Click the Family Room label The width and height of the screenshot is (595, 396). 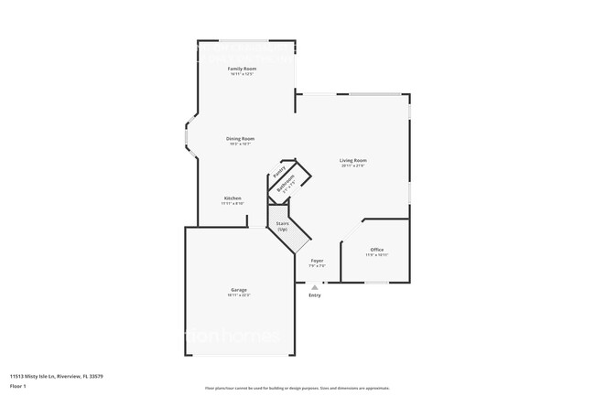[242, 69]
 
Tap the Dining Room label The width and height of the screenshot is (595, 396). [240, 139]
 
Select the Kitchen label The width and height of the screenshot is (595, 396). [233, 198]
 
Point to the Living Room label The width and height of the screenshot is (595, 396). [353, 160]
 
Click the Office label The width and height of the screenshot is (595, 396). [376, 250]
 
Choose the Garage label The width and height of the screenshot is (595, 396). [238, 290]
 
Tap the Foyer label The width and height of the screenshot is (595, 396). [317, 261]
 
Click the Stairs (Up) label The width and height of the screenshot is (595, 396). [283, 226]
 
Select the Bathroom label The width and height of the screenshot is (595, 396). [287, 184]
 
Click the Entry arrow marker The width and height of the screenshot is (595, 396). [314, 287]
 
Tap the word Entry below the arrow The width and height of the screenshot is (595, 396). [315, 294]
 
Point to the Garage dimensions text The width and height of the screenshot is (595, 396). [238, 295]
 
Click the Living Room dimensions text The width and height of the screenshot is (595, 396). [353, 166]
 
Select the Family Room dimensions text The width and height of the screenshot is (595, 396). [242, 74]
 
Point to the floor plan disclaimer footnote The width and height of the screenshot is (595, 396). [297, 389]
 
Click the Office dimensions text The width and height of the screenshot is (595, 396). [376, 255]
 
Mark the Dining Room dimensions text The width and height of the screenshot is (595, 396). [240, 144]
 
